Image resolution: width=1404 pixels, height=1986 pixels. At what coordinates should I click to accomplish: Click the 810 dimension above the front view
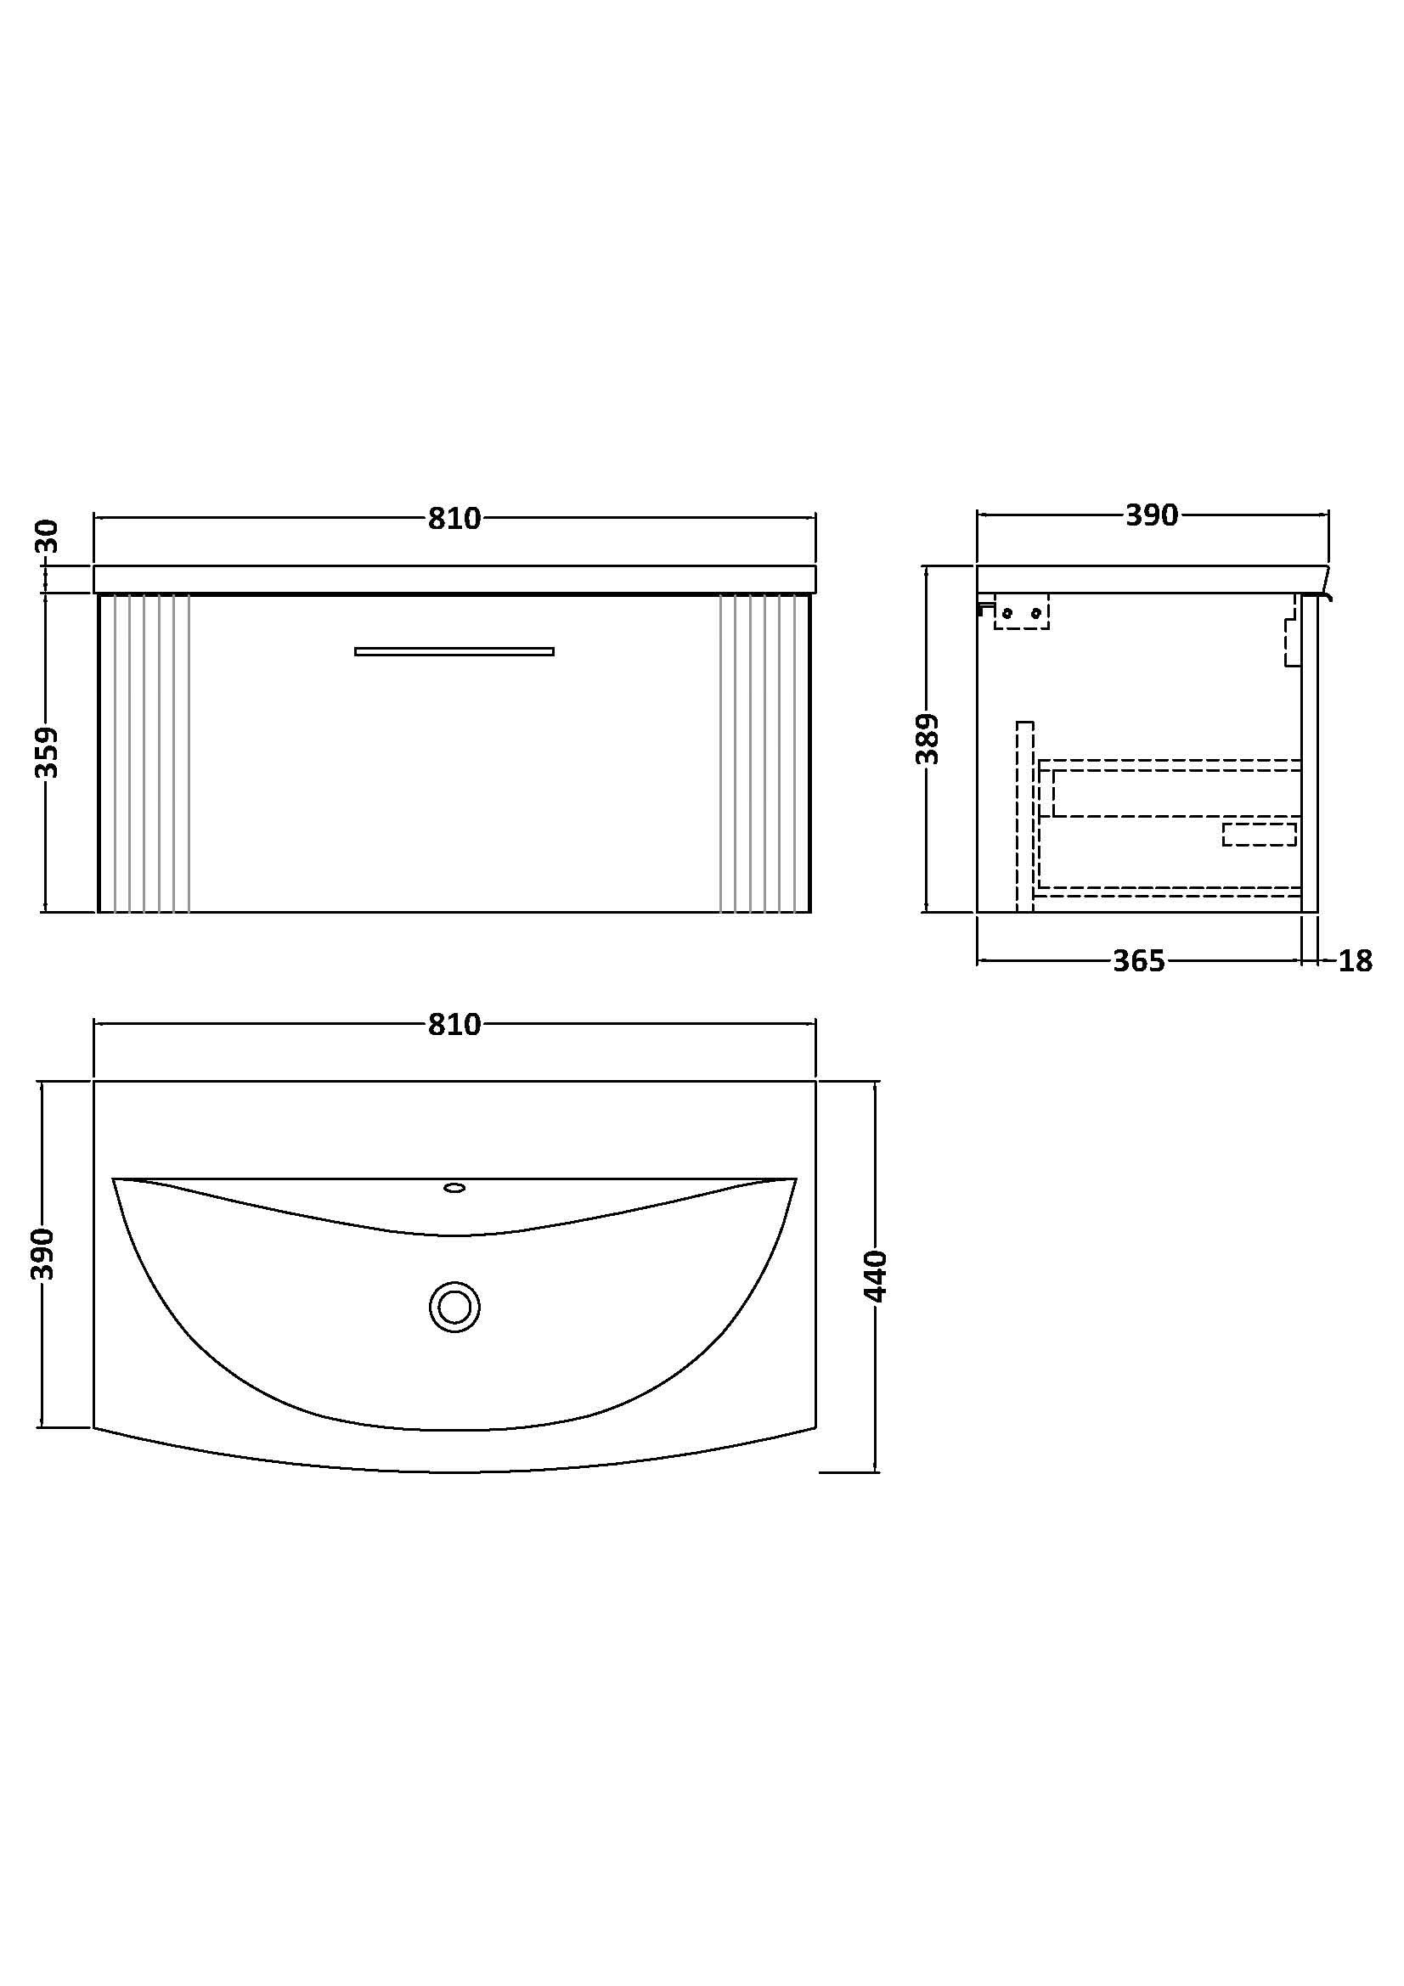[x=454, y=519]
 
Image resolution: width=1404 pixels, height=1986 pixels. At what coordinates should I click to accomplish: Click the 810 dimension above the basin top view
[x=454, y=1025]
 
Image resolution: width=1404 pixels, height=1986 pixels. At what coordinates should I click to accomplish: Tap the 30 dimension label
[x=48, y=537]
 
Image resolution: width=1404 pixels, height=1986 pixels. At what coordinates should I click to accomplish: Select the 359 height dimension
[x=48, y=752]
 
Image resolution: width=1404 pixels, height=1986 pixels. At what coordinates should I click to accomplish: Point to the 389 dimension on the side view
[x=927, y=739]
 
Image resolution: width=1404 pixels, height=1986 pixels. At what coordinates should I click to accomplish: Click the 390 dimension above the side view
[x=1152, y=515]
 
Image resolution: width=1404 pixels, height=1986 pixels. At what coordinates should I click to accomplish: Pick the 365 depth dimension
[x=1138, y=961]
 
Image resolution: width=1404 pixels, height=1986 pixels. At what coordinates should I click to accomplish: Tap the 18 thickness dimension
[x=1355, y=961]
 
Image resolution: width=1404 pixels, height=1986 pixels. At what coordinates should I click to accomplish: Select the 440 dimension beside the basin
[x=877, y=1276]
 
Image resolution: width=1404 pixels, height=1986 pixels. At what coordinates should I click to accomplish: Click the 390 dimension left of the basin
[x=43, y=1254]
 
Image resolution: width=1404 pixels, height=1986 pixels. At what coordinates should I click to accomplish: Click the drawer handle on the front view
[x=454, y=651]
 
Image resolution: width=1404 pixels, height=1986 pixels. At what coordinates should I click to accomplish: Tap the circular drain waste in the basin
[x=454, y=1306]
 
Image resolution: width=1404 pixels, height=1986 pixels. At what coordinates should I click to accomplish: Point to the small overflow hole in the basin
[x=454, y=1188]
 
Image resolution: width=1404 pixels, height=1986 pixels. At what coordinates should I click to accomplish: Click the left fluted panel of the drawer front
[x=145, y=752]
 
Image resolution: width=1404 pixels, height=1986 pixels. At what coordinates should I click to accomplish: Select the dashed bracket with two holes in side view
[x=1022, y=612]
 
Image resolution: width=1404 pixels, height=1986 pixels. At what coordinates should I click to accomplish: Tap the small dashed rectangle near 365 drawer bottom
[x=1259, y=835]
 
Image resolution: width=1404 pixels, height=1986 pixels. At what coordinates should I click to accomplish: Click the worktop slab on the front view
[x=454, y=579]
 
